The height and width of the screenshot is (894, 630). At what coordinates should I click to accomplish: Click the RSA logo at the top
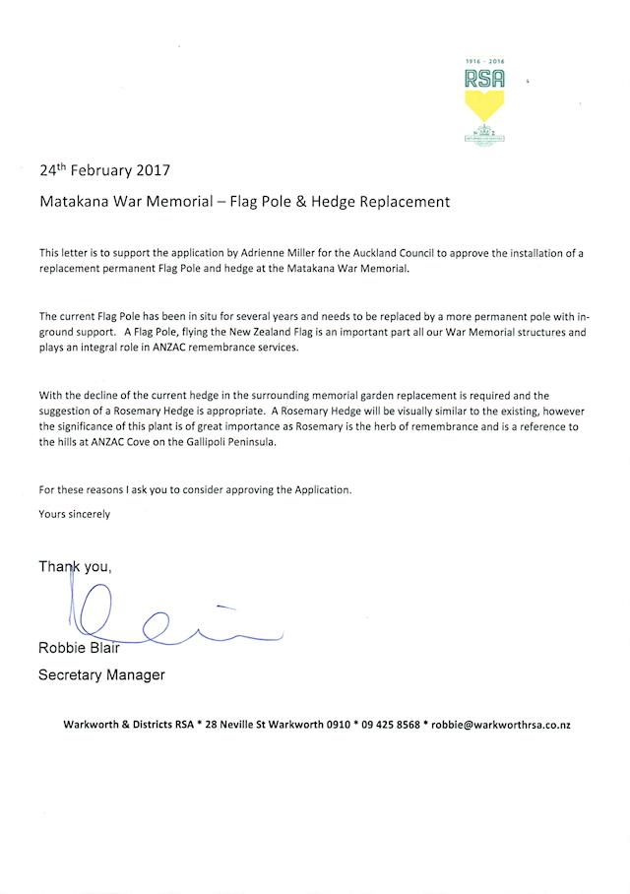point(484,98)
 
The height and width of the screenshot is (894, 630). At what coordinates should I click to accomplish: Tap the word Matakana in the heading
point(74,202)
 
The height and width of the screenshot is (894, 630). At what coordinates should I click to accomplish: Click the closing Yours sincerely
point(74,513)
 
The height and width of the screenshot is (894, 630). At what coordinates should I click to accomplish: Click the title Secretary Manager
point(101,674)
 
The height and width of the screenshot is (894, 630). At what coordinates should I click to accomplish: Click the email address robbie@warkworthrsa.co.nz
point(501,725)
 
